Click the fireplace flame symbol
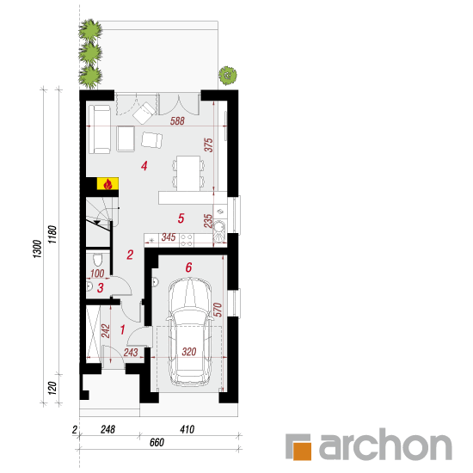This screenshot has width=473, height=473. tap(107, 184)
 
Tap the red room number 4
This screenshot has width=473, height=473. tap(144, 166)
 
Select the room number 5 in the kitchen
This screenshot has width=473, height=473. tap(181, 218)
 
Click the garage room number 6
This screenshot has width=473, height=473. tap(188, 267)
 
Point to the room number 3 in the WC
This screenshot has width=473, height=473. tap(101, 288)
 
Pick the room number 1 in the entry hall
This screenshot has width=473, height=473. tap(122, 329)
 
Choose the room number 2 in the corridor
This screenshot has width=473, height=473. tap(130, 255)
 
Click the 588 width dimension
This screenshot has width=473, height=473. tap(177, 121)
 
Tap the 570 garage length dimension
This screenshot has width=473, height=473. tap(218, 310)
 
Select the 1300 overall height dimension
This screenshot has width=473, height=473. tap(37, 249)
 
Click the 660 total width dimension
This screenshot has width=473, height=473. tap(157, 443)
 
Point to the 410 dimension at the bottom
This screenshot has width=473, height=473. tap(187, 429)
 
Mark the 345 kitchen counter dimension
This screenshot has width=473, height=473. tap(169, 237)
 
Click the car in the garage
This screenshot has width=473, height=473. tap(189, 332)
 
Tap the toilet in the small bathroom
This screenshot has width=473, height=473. tap(97, 259)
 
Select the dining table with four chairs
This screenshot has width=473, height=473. tap(188, 174)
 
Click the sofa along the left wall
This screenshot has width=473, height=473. tap(100, 129)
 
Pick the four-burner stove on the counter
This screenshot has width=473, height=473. tap(187, 240)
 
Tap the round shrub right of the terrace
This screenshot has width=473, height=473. tap(228, 76)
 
